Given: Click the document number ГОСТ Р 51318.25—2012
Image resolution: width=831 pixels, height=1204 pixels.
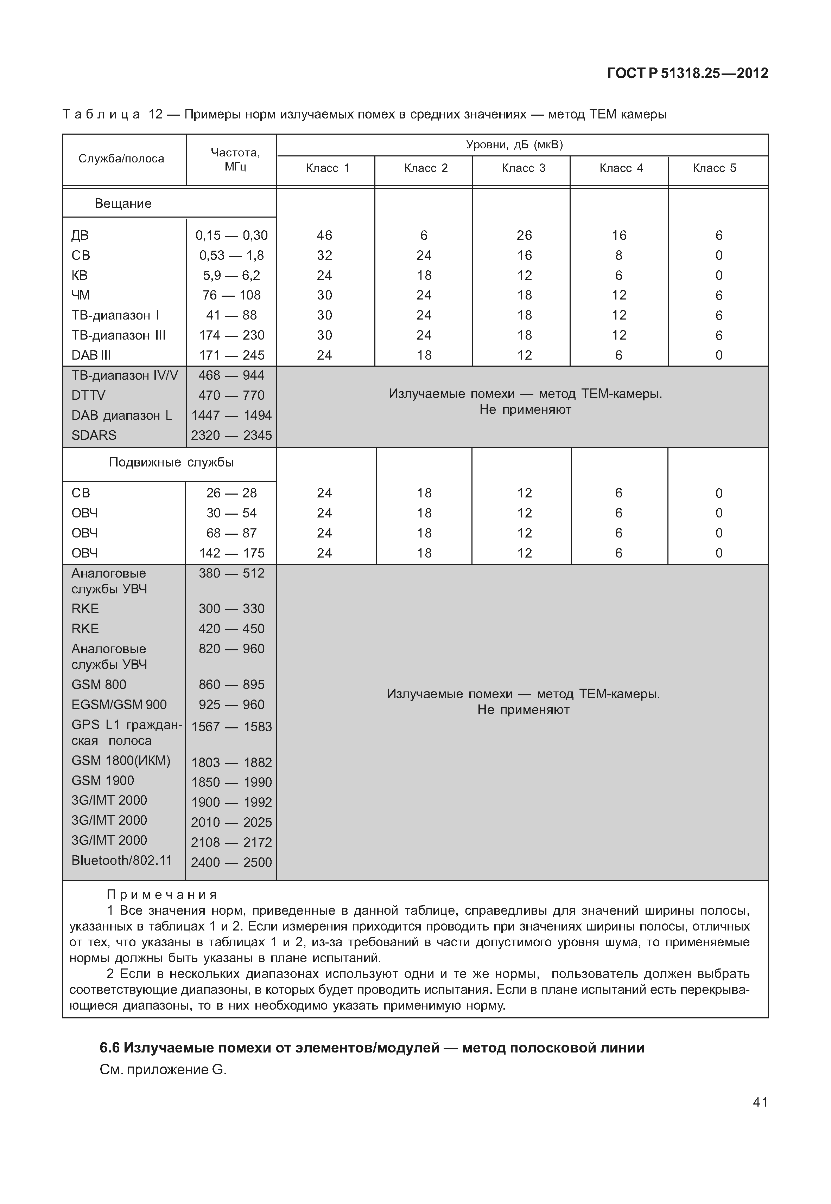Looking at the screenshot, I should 687,73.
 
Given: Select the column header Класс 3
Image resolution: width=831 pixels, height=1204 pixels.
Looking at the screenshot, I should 523,168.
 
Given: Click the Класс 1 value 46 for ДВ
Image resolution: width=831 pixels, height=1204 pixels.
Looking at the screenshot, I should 324,235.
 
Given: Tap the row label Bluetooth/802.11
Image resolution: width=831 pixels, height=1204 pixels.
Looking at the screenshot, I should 121,860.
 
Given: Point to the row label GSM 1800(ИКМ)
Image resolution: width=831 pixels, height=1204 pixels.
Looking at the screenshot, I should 121,761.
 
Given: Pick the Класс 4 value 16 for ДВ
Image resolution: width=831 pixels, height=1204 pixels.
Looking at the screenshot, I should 619,235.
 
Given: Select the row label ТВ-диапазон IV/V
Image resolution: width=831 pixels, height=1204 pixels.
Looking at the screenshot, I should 125,375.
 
